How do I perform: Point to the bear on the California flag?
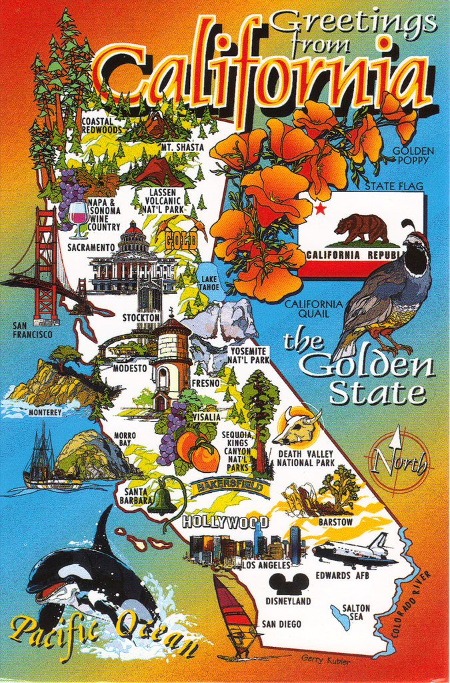point(362,228)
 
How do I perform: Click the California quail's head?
point(417,250)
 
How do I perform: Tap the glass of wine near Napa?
point(79,218)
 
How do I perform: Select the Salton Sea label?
point(356,612)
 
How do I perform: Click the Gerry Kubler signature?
point(325,659)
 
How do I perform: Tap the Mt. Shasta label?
point(182,147)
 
